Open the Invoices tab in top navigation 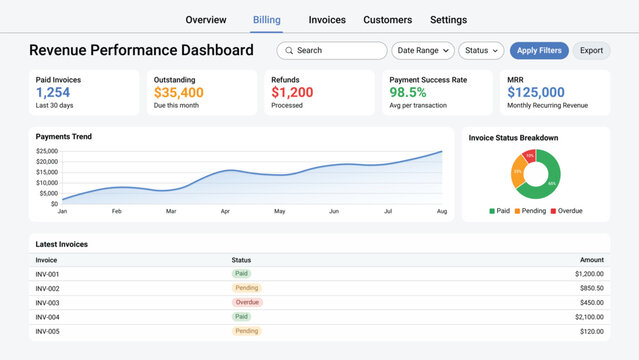tap(327, 19)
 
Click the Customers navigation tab tap(387, 19)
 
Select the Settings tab tap(448, 19)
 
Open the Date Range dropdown tap(423, 50)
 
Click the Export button tap(591, 50)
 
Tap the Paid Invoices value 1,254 tap(53, 92)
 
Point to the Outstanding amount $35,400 tap(179, 92)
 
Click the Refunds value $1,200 tap(292, 92)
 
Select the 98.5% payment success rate tap(408, 92)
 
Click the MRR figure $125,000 tap(536, 92)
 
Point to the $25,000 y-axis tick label tap(46, 152)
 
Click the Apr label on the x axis tap(225, 212)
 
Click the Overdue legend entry tap(568, 211)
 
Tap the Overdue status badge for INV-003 tap(247, 302)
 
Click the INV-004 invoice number tap(47, 316)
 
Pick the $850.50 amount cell tap(589, 288)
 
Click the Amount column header tap(592, 260)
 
